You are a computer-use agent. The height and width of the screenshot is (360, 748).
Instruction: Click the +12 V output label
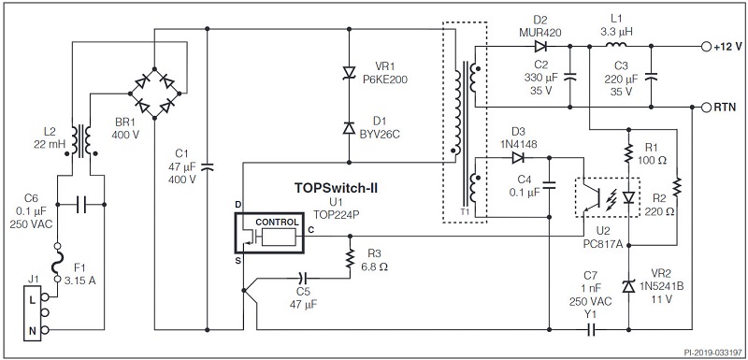pyautogui.click(x=727, y=46)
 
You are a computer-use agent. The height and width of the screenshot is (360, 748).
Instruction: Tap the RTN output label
pyautogui.click(x=726, y=108)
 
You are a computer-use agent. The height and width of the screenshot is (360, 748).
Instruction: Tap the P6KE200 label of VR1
pyautogui.click(x=385, y=79)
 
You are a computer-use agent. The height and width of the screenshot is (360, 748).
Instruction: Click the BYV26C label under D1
pyautogui.click(x=384, y=133)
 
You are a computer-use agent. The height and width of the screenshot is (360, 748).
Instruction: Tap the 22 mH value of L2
pyautogui.click(x=48, y=146)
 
